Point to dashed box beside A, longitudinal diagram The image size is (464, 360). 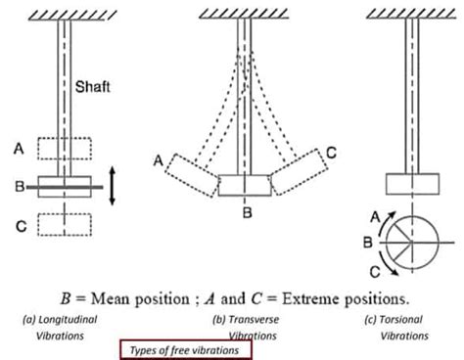click(64, 148)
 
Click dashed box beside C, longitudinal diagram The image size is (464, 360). click(64, 222)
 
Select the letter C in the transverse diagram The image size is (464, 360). click(333, 152)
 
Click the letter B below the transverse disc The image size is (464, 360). click(247, 211)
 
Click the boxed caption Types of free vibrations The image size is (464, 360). click(185, 349)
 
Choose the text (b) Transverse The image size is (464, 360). click(247, 319)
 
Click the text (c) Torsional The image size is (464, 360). click(402, 319)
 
